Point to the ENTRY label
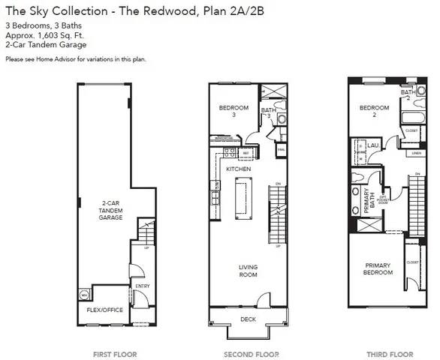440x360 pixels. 142,286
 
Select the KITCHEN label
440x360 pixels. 238,169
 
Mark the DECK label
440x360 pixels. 247,319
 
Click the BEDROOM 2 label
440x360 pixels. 373,111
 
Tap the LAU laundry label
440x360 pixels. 372,145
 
